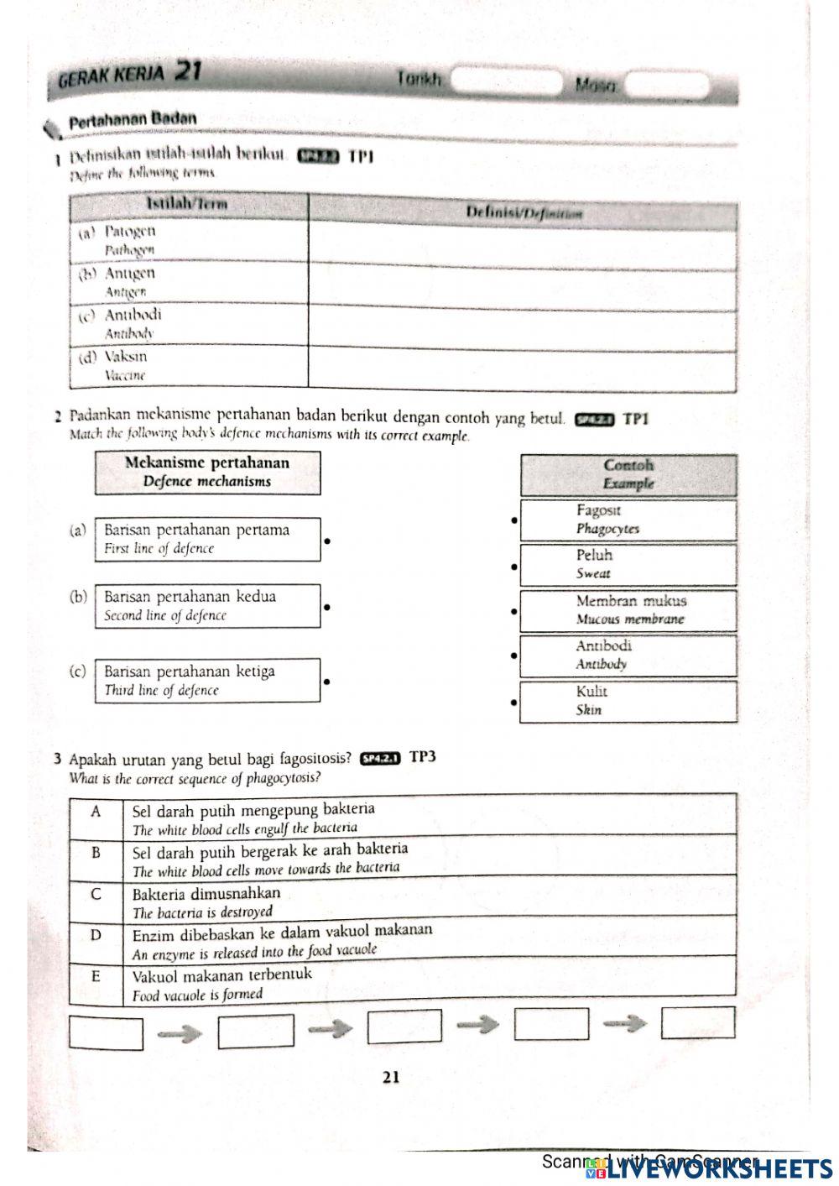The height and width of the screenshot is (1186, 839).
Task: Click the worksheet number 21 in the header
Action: pyautogui.click(x=189, y=72)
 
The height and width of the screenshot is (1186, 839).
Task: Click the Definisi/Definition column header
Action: pyautogui.click(x=524, y=213)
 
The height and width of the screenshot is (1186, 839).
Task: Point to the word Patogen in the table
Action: pyautogui.click(x=129, y=231)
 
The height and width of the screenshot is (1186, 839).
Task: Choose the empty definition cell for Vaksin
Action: pyautogui.click(x=523, y=368)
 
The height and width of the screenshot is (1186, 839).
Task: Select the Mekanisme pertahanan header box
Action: pyautogui.click(x=207, y=472)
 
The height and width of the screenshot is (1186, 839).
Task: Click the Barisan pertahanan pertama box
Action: pyautogui.click(x=207, y=539)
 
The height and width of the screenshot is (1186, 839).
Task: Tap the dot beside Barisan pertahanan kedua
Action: pyautogui.click(x=327, y=606)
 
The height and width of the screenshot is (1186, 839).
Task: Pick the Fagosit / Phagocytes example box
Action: pyautogui.click(x=628, y=520)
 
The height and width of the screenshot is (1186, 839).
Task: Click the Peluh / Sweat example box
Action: pyautogui.click(x=628, y=565)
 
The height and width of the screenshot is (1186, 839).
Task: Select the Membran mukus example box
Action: pyautogui.click(x=628, y=610)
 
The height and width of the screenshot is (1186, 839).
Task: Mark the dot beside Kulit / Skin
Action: pyautogui.click(x=513, y=700)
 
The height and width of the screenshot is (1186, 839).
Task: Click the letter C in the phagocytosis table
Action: pyautogui.click(x=96, y=895)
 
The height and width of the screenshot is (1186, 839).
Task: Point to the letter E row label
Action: pyautogui.click(x=96, y=976)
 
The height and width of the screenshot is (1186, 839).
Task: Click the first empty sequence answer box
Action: pyautogui.click(x=106, y=1033)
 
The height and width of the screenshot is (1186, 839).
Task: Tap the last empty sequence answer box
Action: pyautogui.click(x=698, y=1023)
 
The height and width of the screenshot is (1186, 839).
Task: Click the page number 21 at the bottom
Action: pyautogui.click(x=391, y=1077)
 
